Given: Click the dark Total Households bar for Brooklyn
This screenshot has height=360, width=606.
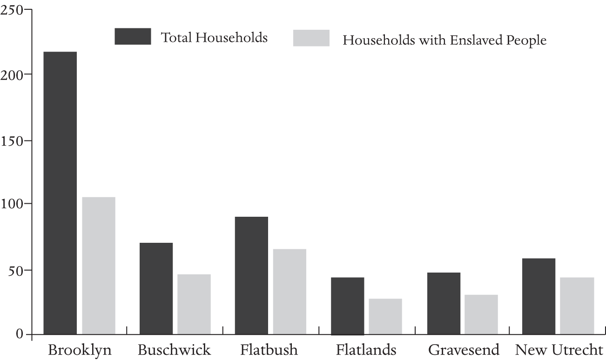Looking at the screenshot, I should point(60,193).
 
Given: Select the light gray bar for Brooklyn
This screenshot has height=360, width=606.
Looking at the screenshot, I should point(98,265).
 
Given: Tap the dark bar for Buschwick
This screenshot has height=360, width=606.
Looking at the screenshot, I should point(156,288).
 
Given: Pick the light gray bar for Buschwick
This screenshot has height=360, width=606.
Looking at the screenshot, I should point(194,304).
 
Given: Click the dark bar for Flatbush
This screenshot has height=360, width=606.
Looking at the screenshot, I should point(251,275).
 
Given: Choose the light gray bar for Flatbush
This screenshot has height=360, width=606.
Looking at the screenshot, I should point(290,292).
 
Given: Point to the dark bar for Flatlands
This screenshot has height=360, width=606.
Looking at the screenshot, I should point(347,306).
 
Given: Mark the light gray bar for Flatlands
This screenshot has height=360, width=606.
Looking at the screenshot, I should point(385,316).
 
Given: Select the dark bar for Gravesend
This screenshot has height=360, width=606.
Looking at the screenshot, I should point(443,303).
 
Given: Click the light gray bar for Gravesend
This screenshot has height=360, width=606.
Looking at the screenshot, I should point(481,314).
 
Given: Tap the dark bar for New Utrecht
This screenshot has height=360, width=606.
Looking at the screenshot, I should point(539,296).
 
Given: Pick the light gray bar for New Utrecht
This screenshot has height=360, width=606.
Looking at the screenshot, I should point(577,306).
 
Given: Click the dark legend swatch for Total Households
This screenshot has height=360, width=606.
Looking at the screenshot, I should point(133,36).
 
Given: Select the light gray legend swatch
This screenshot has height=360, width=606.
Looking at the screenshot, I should point(311,38).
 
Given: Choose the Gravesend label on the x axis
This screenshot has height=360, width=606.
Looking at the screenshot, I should point(464,350).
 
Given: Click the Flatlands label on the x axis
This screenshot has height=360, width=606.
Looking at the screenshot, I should point(367,350).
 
